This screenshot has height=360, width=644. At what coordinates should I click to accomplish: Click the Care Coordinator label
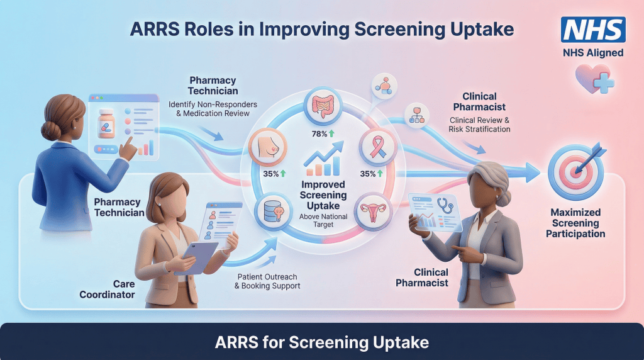[107, 288]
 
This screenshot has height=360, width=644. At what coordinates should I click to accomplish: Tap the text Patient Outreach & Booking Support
[267, 281]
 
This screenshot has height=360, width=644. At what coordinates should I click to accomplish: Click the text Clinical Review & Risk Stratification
[479, 124]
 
